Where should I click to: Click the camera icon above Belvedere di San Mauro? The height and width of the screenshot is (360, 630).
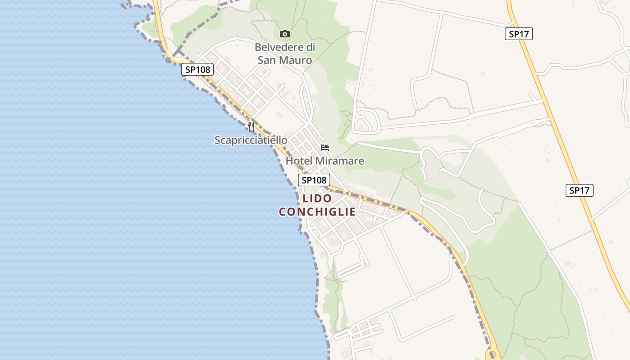click(x=284, y=34)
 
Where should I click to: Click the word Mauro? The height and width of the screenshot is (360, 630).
click(x=297, y=60)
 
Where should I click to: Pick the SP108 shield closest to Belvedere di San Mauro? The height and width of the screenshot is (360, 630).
click(x=198, y=69)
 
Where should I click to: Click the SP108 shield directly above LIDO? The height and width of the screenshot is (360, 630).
click(x=314, y=180)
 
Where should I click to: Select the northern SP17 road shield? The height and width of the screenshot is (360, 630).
click(x=518, y=34)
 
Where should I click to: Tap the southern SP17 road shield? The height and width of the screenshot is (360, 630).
click(x=579, y=190)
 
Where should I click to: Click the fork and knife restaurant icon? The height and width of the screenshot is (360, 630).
click(x=251, y=127)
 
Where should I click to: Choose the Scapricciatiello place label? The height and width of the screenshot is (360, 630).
click(x=251, y=140)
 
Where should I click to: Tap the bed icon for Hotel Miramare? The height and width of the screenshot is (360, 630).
click(x=325, y=148)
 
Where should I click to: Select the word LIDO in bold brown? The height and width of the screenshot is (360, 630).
click(x=317, y=198)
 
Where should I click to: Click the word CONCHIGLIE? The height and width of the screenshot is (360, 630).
click(x=317, y=212)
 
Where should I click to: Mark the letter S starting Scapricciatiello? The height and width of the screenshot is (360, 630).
click(x=217, y=140)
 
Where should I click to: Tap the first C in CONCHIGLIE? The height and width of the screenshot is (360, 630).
click(x=282, y=212)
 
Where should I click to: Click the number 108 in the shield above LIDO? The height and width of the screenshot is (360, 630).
click(x=319, y=180)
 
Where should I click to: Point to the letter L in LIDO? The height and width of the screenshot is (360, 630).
click(x=306, y=198)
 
